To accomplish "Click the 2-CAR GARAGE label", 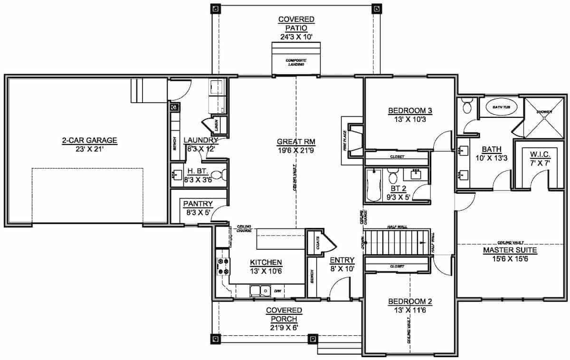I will coord(89,141).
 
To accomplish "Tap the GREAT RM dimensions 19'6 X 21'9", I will coord(296,151).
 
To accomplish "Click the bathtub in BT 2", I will coord(372,185).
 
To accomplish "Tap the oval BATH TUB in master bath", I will coord(499,108).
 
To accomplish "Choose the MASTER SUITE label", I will coord(503,250).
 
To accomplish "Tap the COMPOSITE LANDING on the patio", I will coord(295,59).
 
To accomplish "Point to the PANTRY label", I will coord(198,204).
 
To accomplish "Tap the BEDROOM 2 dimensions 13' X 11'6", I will coord(410,310).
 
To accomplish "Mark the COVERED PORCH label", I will coord(284,314).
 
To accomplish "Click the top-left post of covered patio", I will coord(216,9).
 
